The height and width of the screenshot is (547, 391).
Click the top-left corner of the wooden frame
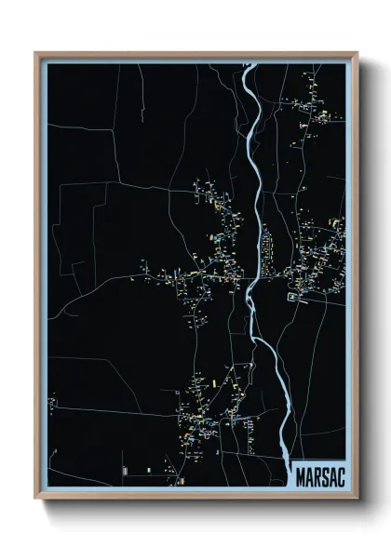pos(36,53)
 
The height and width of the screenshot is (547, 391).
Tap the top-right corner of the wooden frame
pos(357,53)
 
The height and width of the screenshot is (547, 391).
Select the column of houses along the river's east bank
pos(267,247)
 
